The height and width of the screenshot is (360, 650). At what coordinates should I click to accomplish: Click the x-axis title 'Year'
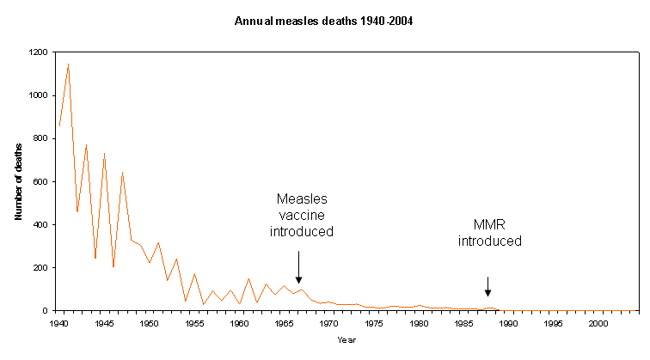pos(348,340)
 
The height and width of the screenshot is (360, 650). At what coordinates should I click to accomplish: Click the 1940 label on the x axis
pos(59,324)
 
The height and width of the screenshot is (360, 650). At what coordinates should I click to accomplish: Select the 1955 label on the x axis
pos(194,324)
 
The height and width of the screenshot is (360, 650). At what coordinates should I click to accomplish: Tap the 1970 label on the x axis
pos(329,324)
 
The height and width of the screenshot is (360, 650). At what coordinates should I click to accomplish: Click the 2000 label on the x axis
pos(598,324)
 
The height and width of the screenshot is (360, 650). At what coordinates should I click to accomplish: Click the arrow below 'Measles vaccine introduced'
pos(298,266)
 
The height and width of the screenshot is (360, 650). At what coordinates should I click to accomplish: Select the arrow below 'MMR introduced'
pos(487,286)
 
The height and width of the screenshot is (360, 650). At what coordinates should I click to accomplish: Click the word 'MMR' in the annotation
pos(489,225)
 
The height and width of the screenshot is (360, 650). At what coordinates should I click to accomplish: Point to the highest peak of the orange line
pos(68,64)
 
